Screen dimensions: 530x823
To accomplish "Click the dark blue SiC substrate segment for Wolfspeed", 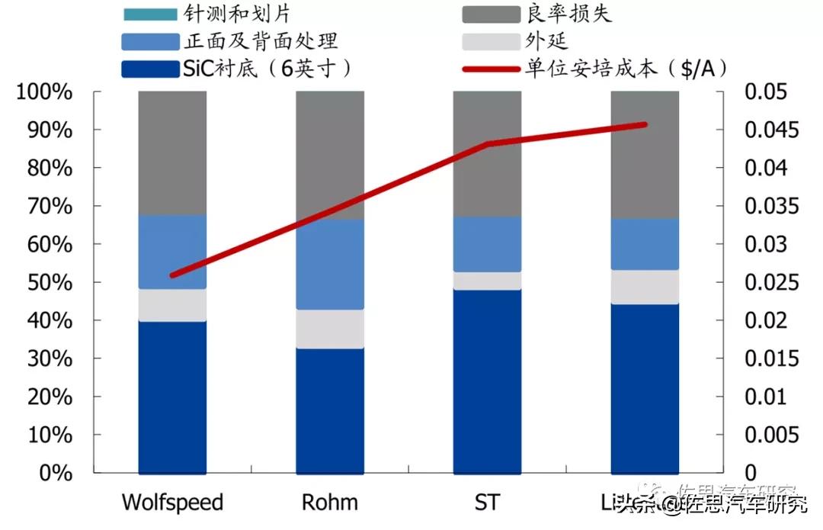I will click(x=172, y=397).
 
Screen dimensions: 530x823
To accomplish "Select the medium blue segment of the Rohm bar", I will click(x=330, y=265).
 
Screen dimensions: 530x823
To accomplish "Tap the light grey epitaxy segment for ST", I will click(x=487, y=281).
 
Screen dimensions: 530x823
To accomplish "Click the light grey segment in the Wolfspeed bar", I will click(x=172, y=305).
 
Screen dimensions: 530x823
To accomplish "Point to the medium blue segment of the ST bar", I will click(x=487, y=244).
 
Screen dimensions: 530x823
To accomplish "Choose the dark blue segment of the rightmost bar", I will click(x=645, y=388).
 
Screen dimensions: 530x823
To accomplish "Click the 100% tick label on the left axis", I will click(x=44, y=92).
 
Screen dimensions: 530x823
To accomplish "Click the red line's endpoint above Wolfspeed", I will click(x=172, y=275).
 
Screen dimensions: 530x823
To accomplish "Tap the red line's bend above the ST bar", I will click(x=487, y=143).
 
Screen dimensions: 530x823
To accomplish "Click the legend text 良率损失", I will click(x=568, y=14).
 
